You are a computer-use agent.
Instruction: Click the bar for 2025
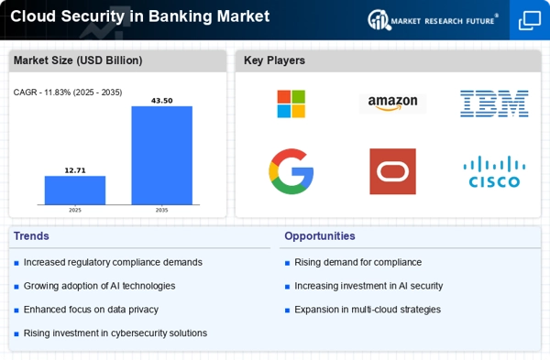click(x=75, y=190)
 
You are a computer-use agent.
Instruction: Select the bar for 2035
click(x=161, y=155)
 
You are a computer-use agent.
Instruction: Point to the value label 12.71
click(x=75, y=169)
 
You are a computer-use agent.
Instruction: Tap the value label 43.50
click(x=161, y=100)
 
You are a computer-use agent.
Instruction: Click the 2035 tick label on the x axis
click(x=161, y=209)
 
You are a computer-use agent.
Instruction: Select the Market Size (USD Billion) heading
click(x=76, y=60)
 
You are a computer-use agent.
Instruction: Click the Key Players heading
click(x=274, y=60)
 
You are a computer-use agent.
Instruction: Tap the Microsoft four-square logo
click(x=291, y=103)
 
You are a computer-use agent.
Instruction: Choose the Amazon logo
click(x=392, y=103)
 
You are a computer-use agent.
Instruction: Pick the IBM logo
click(x=493, y=103)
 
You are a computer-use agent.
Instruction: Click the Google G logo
click(x=291, y=171)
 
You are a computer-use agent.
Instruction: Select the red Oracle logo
click(x=392, y=171)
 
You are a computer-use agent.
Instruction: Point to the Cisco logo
click(x=493, y=171)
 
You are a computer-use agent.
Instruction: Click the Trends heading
click(x=34, y=235)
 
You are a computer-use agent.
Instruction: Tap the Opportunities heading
click(x=319, y=235)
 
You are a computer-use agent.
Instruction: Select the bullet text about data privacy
click(x=91, y=310)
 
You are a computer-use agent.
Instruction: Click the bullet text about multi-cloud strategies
click(x=367, y=310)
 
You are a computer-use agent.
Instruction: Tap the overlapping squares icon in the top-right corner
click(x=530, y=20)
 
